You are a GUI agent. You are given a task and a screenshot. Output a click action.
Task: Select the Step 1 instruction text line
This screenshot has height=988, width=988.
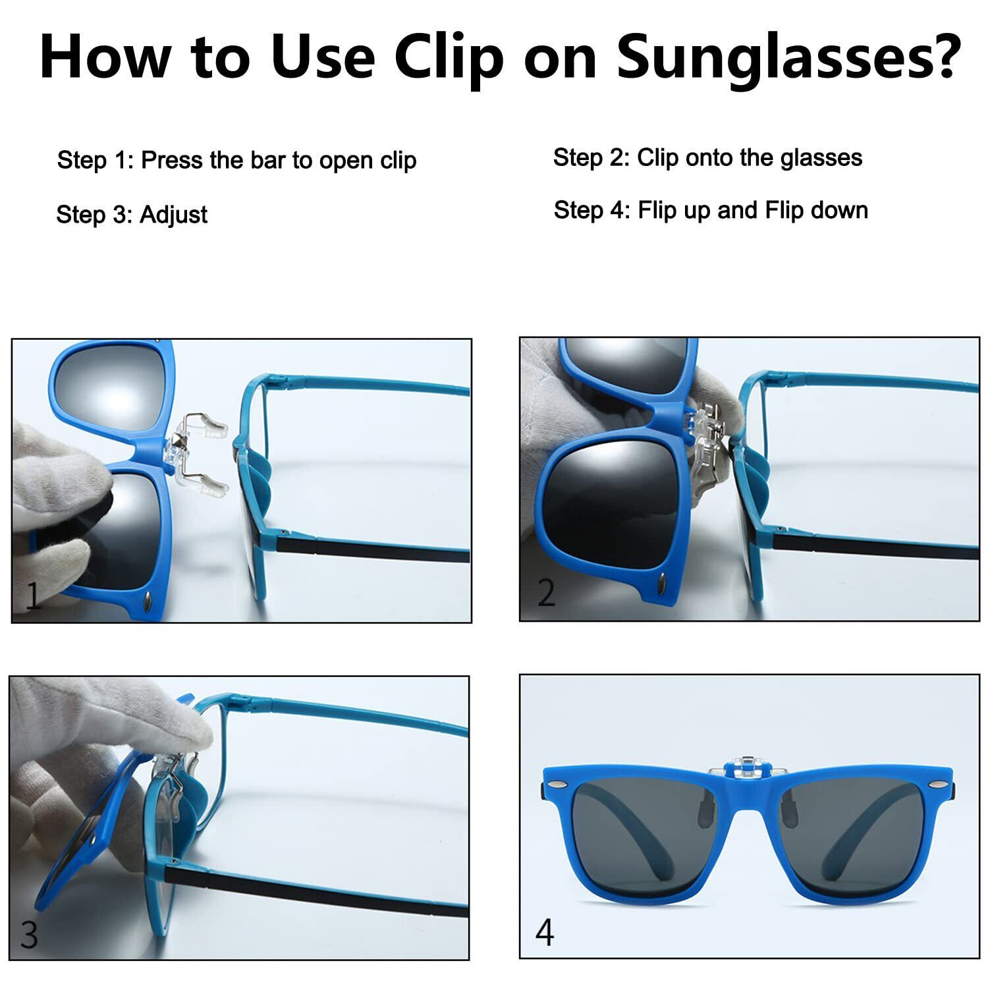click(236, 161)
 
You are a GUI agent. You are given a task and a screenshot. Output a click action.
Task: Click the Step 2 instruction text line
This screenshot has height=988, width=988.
click(707, 158)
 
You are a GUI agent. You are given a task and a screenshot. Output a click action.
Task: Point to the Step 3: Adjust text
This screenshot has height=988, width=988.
click(132, 215)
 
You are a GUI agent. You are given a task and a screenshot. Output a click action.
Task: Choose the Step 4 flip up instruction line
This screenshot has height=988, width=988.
click(711, 210)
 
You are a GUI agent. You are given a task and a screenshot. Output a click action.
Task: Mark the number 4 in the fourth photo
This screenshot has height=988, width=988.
click(545, 932)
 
